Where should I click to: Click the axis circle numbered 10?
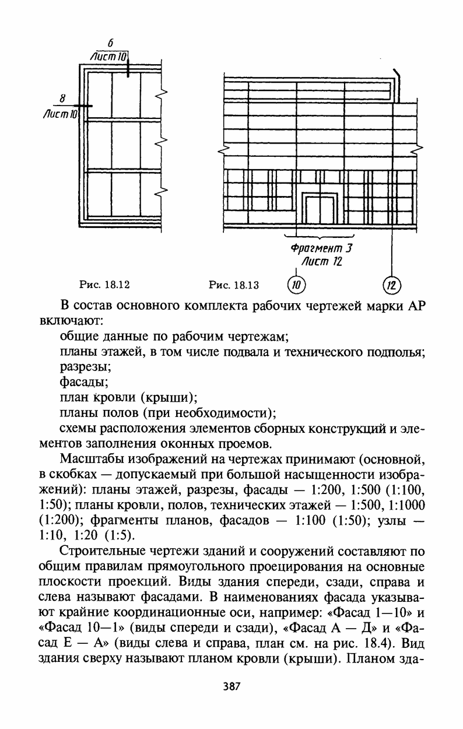pos(296,285)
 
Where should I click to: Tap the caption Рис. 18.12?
pos(104,285)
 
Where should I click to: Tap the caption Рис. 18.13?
pos(234,285)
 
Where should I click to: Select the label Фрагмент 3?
pos(323,248)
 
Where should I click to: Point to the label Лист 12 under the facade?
pos(320,262)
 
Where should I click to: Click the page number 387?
pos(232,686)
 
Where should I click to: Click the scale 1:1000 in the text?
pos(406,504)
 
